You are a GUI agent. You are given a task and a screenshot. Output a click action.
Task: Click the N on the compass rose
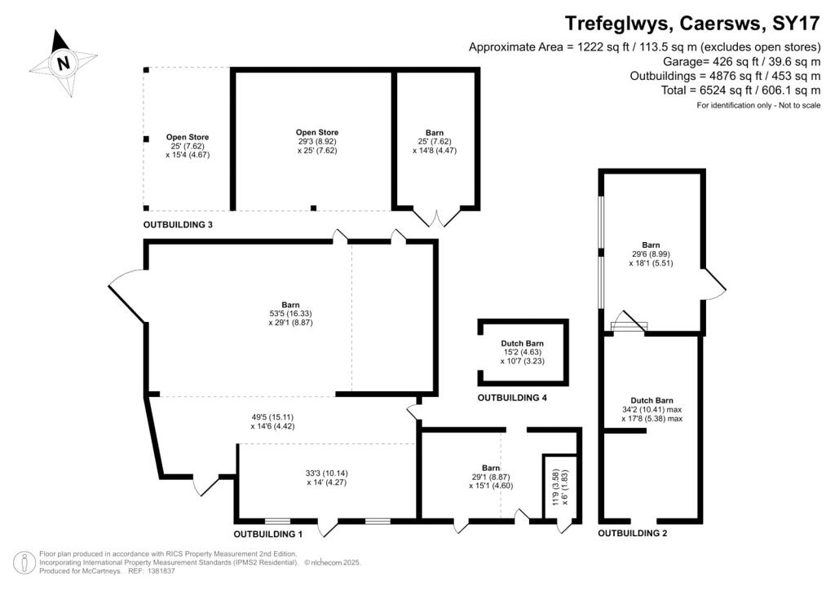(x=64, y=64)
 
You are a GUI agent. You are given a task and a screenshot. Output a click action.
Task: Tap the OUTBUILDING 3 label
(x=178, y=225)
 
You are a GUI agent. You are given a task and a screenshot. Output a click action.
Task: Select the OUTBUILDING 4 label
(x=512, y=398)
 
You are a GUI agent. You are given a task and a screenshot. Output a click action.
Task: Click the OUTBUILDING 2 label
(x=632, y=533)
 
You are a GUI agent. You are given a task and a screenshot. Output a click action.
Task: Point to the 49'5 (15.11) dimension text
(x=272, y=417)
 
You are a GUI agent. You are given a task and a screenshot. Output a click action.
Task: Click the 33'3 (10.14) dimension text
(x=327, y=473)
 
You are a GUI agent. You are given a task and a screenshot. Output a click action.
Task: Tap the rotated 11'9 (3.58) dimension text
(x=556, y=487)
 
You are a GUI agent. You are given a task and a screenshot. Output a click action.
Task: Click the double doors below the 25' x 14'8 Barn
(x=437, y=218)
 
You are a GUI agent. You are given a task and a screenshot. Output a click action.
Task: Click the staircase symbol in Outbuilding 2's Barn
(x=629, y=323)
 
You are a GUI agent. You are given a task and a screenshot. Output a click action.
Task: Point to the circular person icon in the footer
(x=24, y=563)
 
